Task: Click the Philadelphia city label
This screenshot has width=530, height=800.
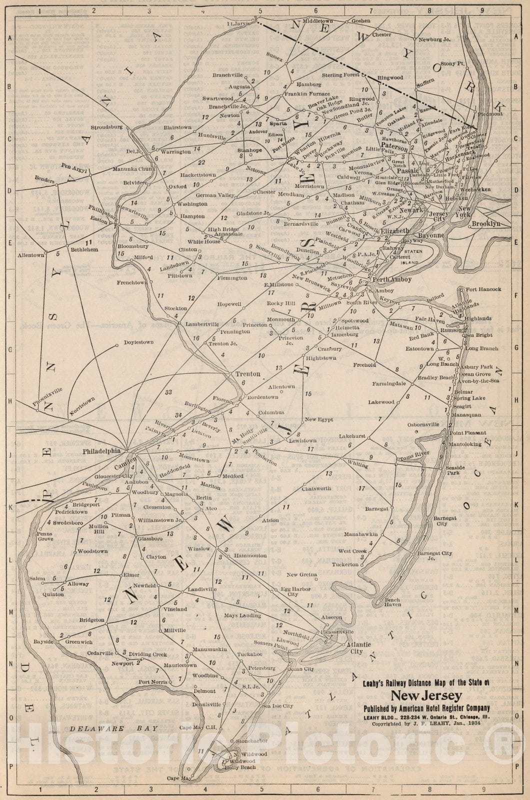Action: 101,450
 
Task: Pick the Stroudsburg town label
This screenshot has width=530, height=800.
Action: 106,127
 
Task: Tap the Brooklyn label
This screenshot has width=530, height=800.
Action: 486,224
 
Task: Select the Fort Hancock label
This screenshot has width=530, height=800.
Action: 483,289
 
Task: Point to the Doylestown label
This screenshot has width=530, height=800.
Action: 138,342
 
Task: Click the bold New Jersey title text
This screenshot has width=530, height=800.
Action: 426,696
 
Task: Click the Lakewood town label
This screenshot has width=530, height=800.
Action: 381,402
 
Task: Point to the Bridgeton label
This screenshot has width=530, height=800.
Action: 91,620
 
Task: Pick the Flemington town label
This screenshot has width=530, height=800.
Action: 232,277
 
